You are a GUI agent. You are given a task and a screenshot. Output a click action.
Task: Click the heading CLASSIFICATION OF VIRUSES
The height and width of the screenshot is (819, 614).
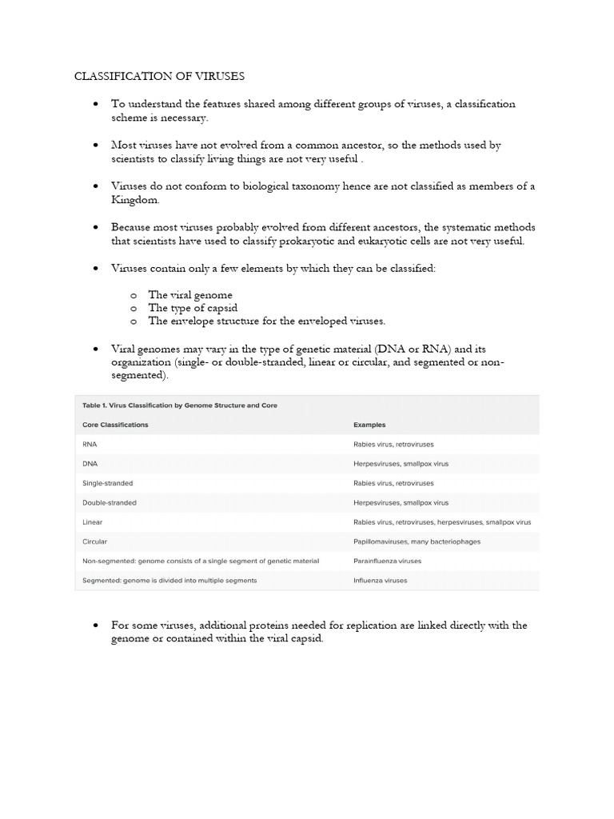coord(159,76)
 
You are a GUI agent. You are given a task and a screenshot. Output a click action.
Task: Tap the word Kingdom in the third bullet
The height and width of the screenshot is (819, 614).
coord(135,199)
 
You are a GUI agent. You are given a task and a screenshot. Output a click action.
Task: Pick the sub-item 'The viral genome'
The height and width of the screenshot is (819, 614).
coord(190,295)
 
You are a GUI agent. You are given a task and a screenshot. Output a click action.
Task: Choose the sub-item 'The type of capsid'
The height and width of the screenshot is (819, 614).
coord(193,308)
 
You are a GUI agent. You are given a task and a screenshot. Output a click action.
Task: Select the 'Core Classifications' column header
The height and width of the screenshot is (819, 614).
coord(115,425)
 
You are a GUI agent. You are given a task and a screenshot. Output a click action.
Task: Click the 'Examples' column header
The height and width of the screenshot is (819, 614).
coord(369,425)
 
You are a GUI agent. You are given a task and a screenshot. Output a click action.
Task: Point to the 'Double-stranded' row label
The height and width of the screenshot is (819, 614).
coord(110,502)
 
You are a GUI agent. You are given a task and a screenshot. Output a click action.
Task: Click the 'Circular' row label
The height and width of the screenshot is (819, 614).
coord(95,541)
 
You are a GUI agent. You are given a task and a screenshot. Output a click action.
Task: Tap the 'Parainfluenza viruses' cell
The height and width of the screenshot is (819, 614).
coord(387,561)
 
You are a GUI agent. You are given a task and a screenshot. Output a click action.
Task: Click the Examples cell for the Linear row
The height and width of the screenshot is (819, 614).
coord(441,522)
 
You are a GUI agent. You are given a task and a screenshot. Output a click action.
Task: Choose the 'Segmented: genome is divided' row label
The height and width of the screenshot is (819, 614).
coord(169,580)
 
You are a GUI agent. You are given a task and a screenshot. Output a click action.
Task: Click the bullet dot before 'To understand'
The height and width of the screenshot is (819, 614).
coord(94,105)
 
